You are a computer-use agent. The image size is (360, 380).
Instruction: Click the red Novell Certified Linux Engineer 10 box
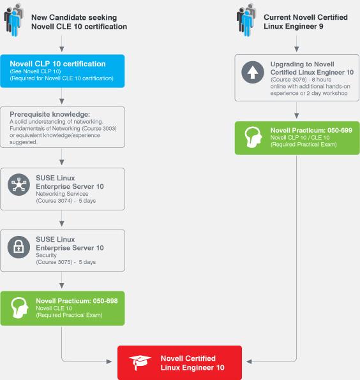tap(179, 363)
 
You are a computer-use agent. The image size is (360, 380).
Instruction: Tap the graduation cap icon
tap(140, 363)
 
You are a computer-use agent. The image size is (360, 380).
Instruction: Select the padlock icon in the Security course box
tap(19, 247)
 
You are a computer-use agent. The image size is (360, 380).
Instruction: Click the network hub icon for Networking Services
tap(19, 185)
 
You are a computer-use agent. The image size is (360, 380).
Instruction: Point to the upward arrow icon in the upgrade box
tap(253, 72)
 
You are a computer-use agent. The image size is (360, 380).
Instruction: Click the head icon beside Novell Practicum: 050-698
tap(20, 308)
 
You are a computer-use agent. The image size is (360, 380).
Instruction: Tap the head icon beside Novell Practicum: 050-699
tap(253, 137)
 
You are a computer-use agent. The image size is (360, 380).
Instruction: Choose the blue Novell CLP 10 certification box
tap(63, 71)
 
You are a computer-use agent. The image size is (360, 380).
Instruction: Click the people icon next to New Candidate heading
tap(13, 20)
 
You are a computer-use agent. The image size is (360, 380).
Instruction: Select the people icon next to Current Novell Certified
tap(246, 20)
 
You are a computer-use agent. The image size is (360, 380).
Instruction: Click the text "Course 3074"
tap(54, 201)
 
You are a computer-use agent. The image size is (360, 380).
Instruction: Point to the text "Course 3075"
tap(54, 262)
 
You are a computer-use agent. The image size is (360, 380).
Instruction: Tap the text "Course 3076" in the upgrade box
tap(289, 80)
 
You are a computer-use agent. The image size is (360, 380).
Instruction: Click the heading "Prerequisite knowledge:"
tap(50, 114)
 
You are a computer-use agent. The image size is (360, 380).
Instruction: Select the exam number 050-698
tap(105, 301)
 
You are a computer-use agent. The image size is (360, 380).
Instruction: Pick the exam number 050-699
tap(340, 130)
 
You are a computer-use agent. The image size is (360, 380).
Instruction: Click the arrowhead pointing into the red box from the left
tap(109, 362)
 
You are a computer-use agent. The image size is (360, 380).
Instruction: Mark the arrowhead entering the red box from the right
tap(249, 362)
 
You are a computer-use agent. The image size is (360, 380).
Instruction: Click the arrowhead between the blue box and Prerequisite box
tap(62, 101)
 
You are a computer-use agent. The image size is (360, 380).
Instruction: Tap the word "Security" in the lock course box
tap(46, 255)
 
